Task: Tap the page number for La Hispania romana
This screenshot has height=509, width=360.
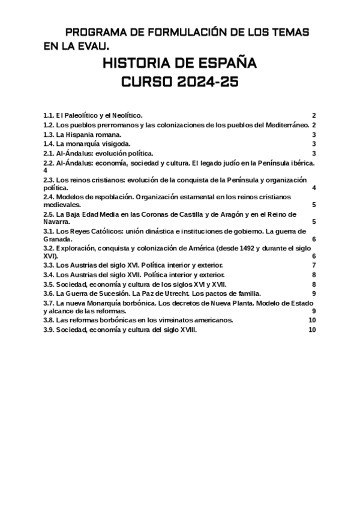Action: tap(314, 134)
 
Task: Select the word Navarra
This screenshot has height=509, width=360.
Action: tap(56, 222)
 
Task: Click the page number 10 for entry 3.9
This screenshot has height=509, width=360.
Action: tap(311, 330)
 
